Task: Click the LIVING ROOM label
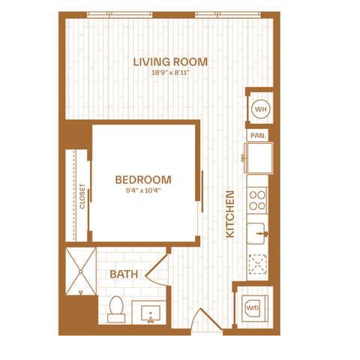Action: pyautogui.click(x=170, y=62)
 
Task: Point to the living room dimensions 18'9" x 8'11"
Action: pyautogui.click(x=170, y=73)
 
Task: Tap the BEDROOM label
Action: pyautogui.click(x=143, y=180)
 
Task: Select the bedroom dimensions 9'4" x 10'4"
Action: pyautogui.click(x=143, y=190)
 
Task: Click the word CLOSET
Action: pyautogui.click(x=82, y=196)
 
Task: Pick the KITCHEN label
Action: pyautogui.click(x=230, y=214)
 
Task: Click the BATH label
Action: pyautogui.click(x=124, y=274)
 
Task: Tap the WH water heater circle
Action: pyautogui.click(x=261, y=109)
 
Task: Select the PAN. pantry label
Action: pyautogui.click(x=258, y=136)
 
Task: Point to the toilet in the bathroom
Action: pyautogui.click(x=116, y=309)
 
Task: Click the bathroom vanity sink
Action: pyautogui.click(x=151, y=313)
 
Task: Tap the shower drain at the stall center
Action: pyautogui.click(x=81, y=271)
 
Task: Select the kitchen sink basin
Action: pyautogui.click(x=256, y=233)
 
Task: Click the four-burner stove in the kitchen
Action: pyautogui.click(x=257, y=200)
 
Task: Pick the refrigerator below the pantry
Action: pyautogui.click(x=259, y=157)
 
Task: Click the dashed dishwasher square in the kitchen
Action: pyautogui.click(x=257, y=264)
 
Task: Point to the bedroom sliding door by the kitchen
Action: pyautogui.click(x=202, y=191)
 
